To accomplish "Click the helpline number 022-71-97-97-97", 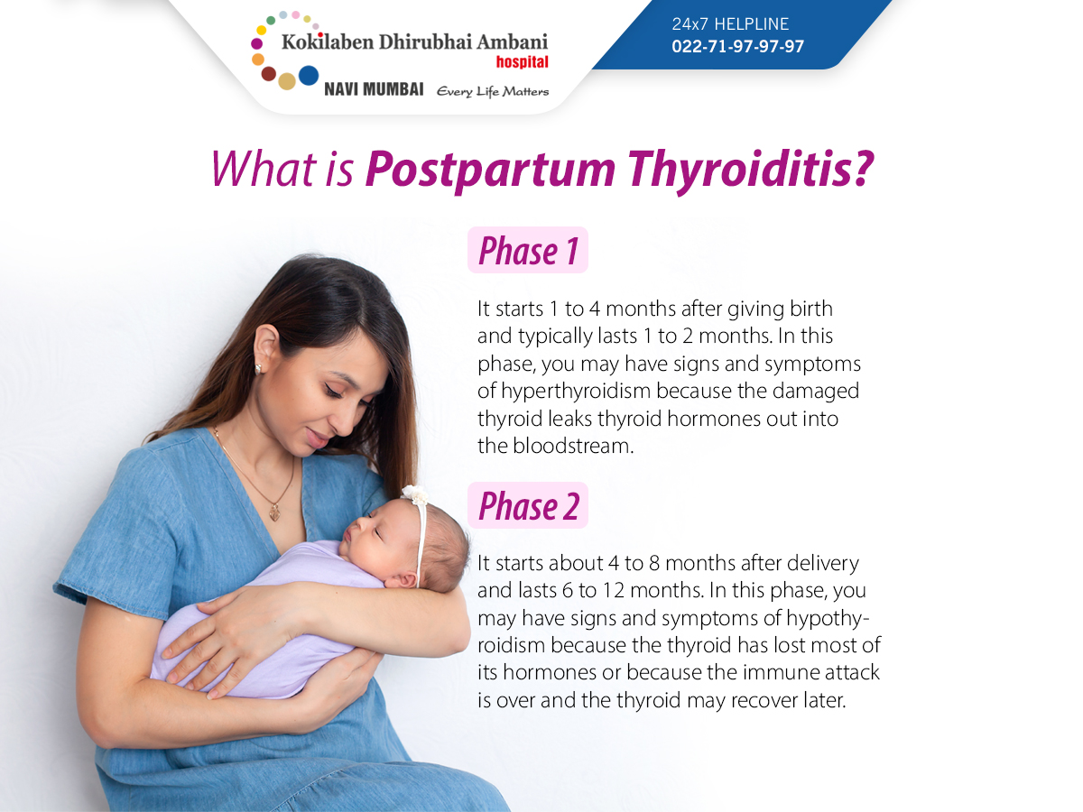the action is click(737, 46).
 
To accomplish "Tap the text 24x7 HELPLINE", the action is click(730, 23).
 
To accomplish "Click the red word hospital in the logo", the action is click(522, 62).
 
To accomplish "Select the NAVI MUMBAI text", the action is click(374, 89).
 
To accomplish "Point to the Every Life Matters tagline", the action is click(493, 92).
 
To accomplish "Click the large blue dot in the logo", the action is click(309, 76).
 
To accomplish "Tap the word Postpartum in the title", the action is click(490, 171).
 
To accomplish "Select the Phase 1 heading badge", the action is click(528, 250).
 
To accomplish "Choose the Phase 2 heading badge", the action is click(528, 505).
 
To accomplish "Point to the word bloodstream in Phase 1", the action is click(573, 446).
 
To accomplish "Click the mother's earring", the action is click(258, 368).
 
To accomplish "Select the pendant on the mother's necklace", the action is click(276, 512).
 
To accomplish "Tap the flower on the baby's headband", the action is click(414, 494).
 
